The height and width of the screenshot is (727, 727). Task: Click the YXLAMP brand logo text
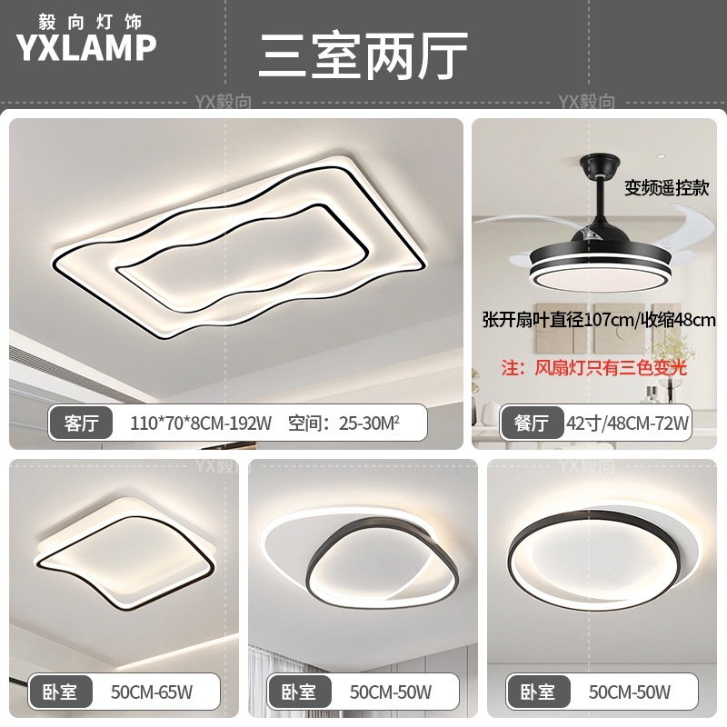[x=86, y=48]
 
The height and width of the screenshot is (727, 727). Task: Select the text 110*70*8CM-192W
[x=201, y=423]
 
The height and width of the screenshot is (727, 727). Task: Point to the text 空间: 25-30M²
[x=344, y=423]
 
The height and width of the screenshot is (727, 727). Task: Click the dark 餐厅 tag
[x=533, y=422]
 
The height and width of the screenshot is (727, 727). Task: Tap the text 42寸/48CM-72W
[x=628, y=423]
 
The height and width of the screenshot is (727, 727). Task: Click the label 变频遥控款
[x=666, y=188]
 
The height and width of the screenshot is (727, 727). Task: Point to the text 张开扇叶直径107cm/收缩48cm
[x=599, y=320]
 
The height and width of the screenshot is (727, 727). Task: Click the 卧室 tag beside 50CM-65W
[x=60, y=692]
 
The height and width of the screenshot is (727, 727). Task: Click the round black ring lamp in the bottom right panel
[x=595, y=554]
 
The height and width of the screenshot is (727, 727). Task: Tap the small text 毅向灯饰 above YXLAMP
[x=86, y=18]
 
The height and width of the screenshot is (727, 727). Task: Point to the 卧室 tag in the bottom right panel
[x=538, y=692]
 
